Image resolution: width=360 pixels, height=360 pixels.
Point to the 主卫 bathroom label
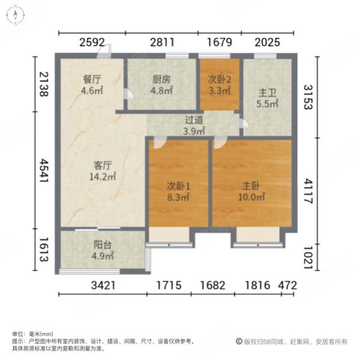pos(266,92)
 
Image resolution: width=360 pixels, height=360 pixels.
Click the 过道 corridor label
pos(194,120)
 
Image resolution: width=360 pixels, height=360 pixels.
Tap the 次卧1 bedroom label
pos(178,185)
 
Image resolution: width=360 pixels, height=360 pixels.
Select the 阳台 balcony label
pos(101,245)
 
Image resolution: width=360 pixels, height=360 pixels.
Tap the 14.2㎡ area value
pos(103,177)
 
